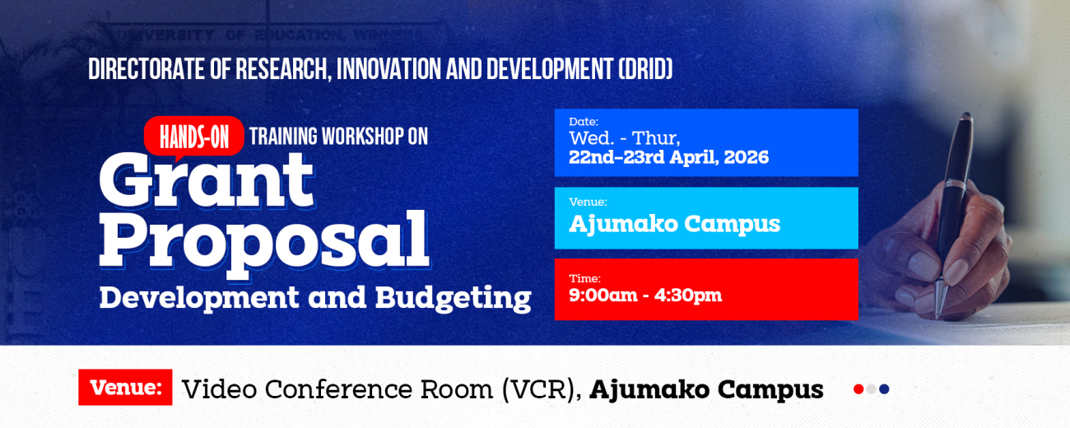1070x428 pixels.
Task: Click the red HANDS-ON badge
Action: coord(194,137)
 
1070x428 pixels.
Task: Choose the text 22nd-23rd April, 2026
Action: coord(668,157)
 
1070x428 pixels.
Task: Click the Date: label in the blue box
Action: coord(584,122)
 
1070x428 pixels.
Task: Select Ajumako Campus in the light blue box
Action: coord(674,223)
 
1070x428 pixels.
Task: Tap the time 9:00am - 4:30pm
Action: coord(645,295)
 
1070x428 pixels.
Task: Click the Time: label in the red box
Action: coord(584,278)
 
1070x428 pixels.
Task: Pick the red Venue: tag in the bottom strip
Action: coord(125,388)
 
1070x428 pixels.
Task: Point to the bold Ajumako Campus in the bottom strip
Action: coord(706,389)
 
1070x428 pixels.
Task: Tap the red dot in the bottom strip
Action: coord(858,389)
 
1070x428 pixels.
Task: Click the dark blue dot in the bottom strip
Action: coord(884,389)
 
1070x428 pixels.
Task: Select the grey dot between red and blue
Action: coord(871,389)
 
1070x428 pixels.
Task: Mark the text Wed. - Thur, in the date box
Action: coord(625,138)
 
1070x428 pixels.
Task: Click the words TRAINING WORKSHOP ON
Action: coord(338,137)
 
